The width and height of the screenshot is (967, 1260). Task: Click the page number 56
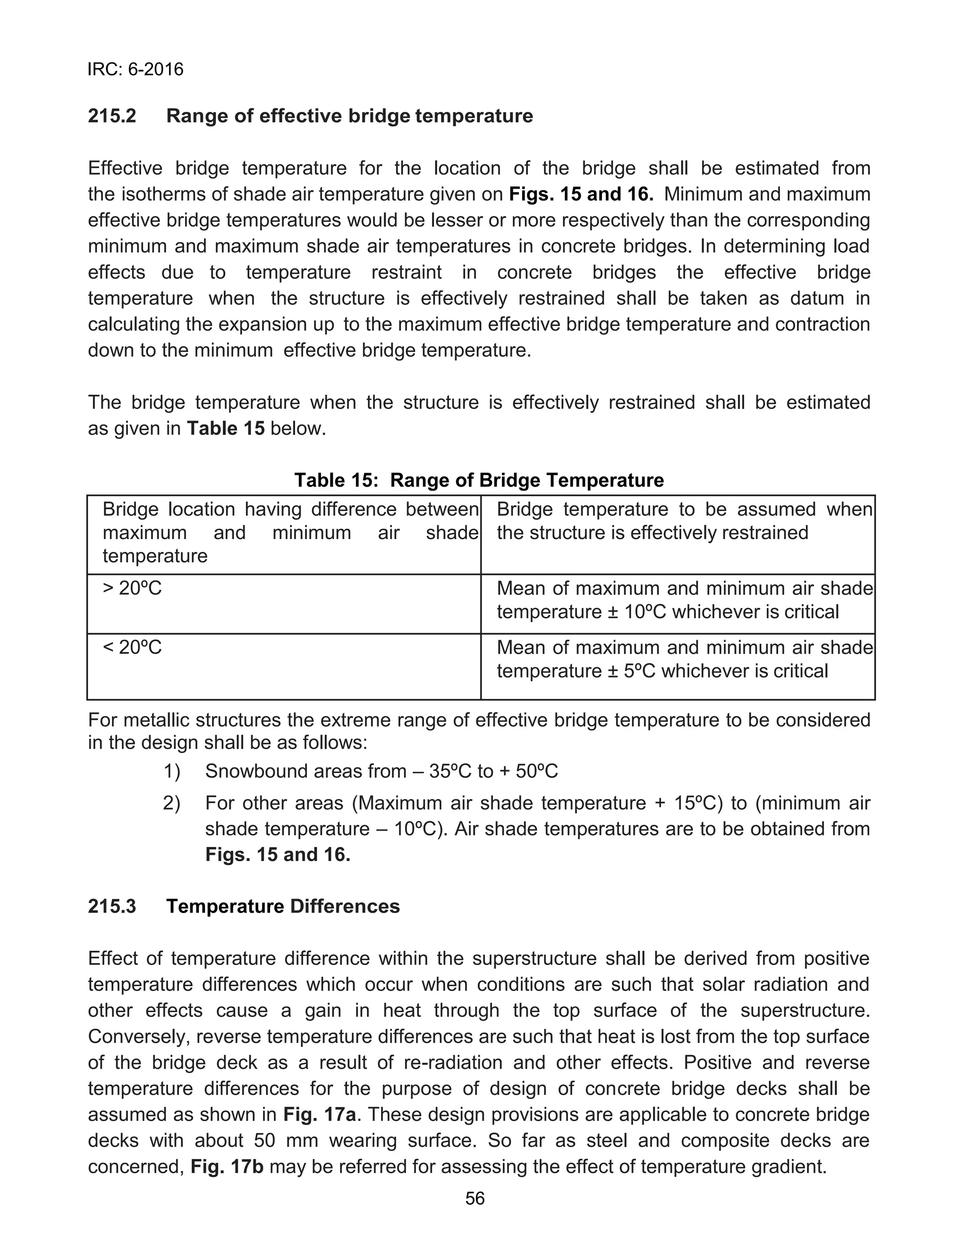tap(475, 1199)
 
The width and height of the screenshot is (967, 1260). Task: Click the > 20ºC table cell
tap(132, 589)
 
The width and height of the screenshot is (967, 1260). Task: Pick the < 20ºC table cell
tap(132, 648)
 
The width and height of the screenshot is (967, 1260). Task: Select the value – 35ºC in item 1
tap(442, 771)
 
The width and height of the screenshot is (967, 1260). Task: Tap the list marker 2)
tap(171, 803)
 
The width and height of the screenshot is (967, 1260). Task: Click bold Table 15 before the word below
tap(226, 429)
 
